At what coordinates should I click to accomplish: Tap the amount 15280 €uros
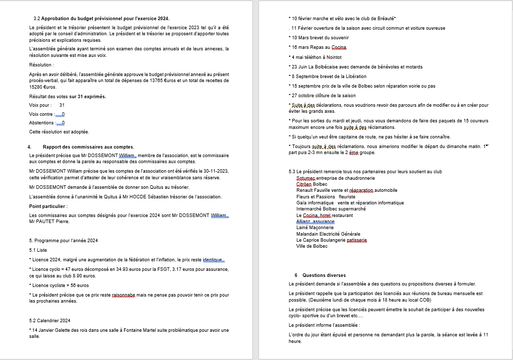[42, 87]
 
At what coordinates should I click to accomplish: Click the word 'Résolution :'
[41, 65]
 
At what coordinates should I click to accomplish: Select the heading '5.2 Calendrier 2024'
[50, 320]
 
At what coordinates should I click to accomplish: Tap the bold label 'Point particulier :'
[48, 206]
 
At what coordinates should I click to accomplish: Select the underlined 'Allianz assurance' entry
[315, 222]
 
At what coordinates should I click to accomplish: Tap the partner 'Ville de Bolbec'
[312, 246]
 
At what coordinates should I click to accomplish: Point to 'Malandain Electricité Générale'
[328, 234]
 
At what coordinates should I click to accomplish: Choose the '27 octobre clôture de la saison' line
[323, 96]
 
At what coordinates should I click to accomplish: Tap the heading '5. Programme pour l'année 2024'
[63, 240]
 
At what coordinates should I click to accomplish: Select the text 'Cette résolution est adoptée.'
[59, 132]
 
